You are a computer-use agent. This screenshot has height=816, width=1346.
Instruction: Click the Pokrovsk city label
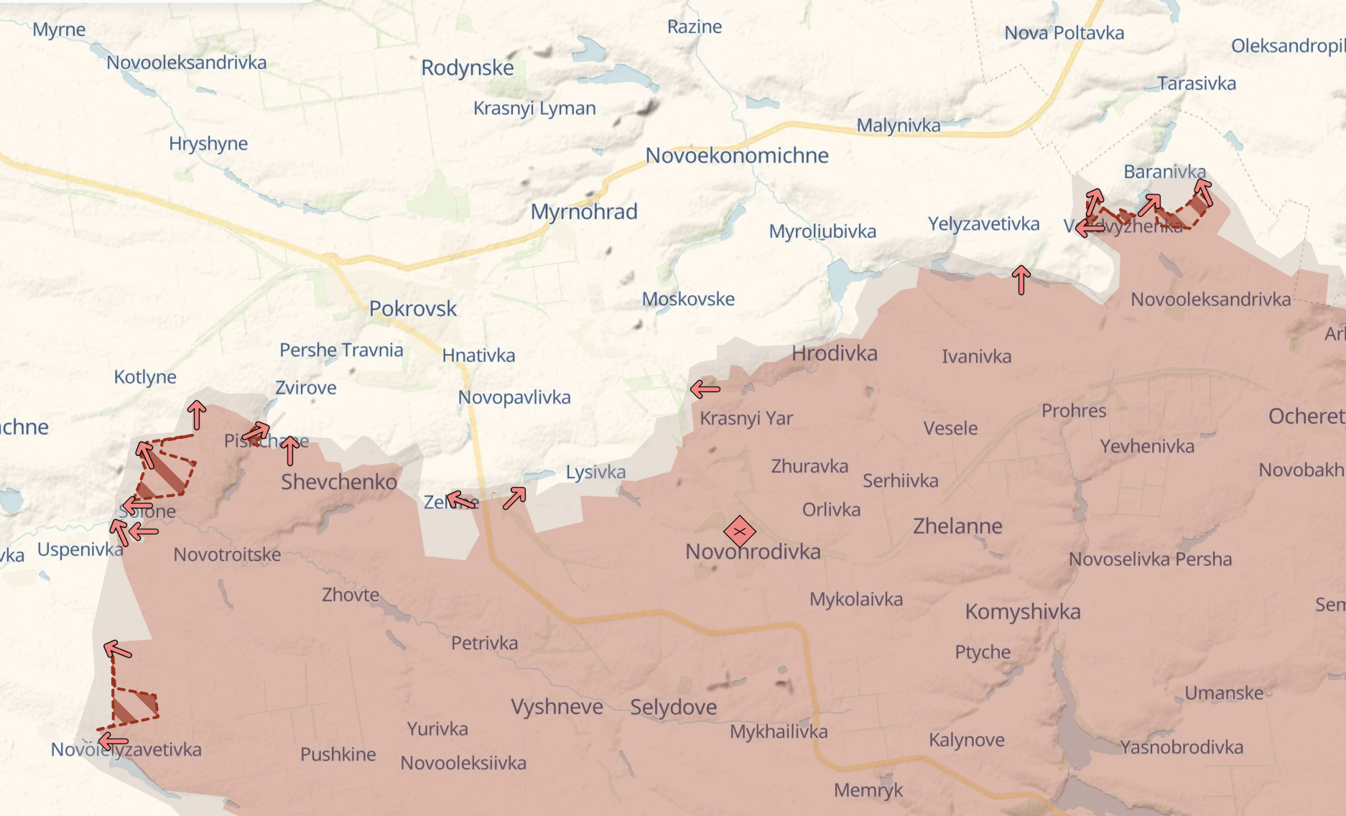point(413,308)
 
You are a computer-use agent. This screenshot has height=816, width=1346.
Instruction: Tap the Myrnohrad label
point(584,211)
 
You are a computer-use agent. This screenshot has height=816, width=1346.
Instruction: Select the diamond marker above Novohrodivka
point(739,532)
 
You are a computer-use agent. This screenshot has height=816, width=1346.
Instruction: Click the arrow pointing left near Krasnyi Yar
point(705,389)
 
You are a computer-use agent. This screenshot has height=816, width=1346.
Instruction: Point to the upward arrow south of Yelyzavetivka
point(1021,279)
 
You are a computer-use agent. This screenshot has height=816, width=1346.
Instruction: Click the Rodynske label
point(467,68)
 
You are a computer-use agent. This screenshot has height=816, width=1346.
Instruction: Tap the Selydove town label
point(673,707)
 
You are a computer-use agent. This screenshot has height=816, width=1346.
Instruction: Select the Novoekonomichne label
point(737,155)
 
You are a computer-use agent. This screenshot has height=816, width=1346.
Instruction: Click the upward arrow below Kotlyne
point(196,414)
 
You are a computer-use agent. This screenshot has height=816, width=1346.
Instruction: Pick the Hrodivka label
point(834,353)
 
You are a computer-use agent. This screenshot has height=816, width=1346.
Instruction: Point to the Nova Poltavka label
point(1064,33)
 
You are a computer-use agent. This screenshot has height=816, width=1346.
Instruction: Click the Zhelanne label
point(957,526)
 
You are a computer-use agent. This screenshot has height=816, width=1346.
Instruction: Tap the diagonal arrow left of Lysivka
point(514,498)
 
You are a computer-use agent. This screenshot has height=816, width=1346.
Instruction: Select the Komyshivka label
point(1022,611)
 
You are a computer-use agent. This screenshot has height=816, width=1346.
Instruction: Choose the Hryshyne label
point(208,143)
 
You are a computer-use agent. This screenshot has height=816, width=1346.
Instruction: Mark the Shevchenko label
point(338,481)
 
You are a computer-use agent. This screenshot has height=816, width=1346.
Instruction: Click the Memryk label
point(868,790)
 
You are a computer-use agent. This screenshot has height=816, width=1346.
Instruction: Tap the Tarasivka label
point(1197,83)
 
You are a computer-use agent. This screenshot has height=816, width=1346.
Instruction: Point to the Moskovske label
point(688,299)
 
